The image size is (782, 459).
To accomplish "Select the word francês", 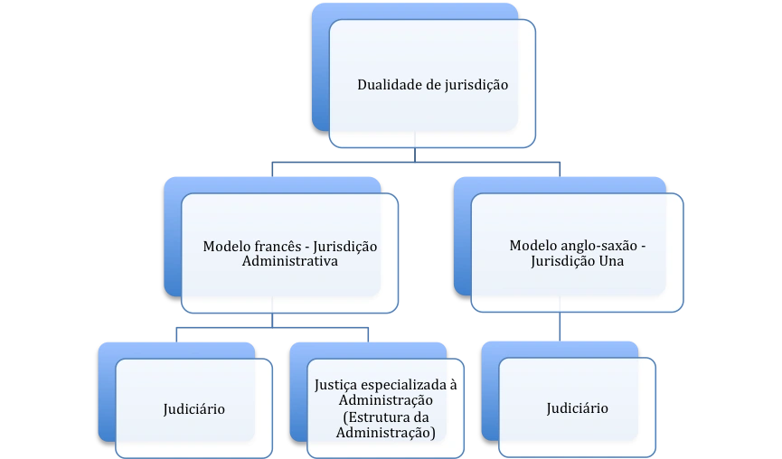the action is tap(278, 247).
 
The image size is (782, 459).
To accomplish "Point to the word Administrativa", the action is tap(290, 260).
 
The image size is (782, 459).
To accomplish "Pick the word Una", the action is tap(611, 260).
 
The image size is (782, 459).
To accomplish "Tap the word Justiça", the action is tap(334, 385).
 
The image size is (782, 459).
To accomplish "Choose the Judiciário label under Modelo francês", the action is tap(194, 409).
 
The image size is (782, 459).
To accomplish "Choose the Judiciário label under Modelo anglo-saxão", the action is tap(577, 408).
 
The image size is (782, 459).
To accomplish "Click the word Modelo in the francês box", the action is tap(227, 247).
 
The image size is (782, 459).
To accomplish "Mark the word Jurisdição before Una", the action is tap(562, 261).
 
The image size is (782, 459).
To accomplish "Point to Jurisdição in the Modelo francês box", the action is tap(345, 247).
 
